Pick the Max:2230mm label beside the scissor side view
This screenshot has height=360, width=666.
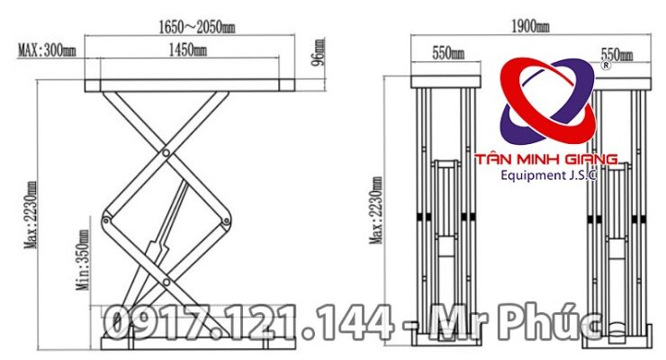click(32, 217)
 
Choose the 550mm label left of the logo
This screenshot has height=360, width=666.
click(447, 53)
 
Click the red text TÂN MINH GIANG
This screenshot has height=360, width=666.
click(552, 159)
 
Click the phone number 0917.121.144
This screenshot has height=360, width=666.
click(247, 323)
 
